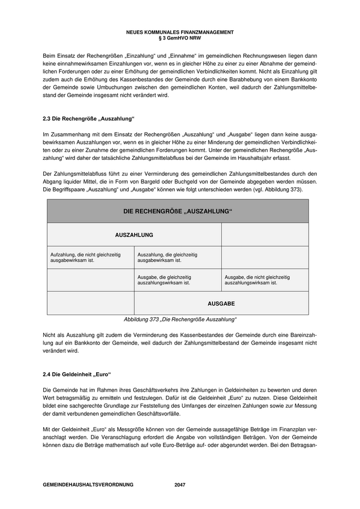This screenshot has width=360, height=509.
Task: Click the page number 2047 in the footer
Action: click(179, 485)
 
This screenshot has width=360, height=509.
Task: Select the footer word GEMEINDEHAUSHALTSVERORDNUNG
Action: click(88, 485)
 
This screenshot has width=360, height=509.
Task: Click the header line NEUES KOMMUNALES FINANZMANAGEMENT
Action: click(179, 32)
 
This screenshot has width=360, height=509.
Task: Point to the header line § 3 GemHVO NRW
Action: click(179, 38)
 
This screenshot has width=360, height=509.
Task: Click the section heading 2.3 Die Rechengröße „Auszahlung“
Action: click(88, 119)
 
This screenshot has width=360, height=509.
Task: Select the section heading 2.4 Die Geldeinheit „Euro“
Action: click(77, 374)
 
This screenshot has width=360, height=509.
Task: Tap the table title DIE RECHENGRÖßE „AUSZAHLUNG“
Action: click(177, 211)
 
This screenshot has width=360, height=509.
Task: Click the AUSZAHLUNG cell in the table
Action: click(134, 234)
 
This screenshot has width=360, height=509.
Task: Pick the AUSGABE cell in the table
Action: click(221, 304)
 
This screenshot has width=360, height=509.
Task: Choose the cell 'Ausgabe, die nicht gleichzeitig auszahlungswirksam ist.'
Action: click(257, 280)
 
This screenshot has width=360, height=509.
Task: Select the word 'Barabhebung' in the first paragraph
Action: click(241, 88)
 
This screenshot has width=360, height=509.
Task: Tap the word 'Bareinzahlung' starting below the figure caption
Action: click(298, 335)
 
